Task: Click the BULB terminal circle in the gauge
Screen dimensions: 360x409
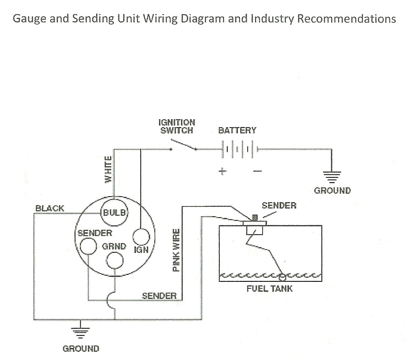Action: [114, 212]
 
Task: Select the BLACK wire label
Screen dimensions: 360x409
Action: [49, 208]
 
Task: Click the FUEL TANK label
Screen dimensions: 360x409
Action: [270, 289]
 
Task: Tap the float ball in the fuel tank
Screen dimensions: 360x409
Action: [282, 276]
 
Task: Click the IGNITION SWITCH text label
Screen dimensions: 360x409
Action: [177, 127]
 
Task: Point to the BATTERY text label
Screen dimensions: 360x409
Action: [237, 130]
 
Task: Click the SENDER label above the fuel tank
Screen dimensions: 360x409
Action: [279, 205]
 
